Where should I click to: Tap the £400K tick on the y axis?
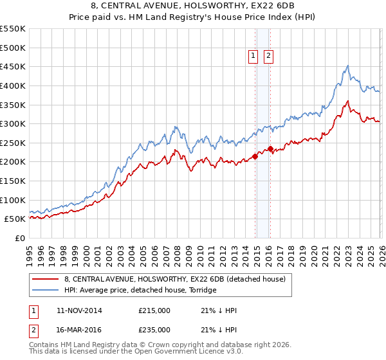pyautogui.click(x=14, y=85)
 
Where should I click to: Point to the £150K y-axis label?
pyautogui.click(x=14, y=181)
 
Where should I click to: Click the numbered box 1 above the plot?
pyautogui.click(x=253, y=57)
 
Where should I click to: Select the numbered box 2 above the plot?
pyautogui.click(x=268, y=57)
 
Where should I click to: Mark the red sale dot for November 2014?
pyautogui.click(x=255, y=156)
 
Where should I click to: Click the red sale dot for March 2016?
pyautogui.click(x=270, y=148)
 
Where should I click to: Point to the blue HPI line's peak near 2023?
pyautogui.click(x=347, y=66)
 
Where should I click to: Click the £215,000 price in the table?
pyautogui.click(x=154, y=310)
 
